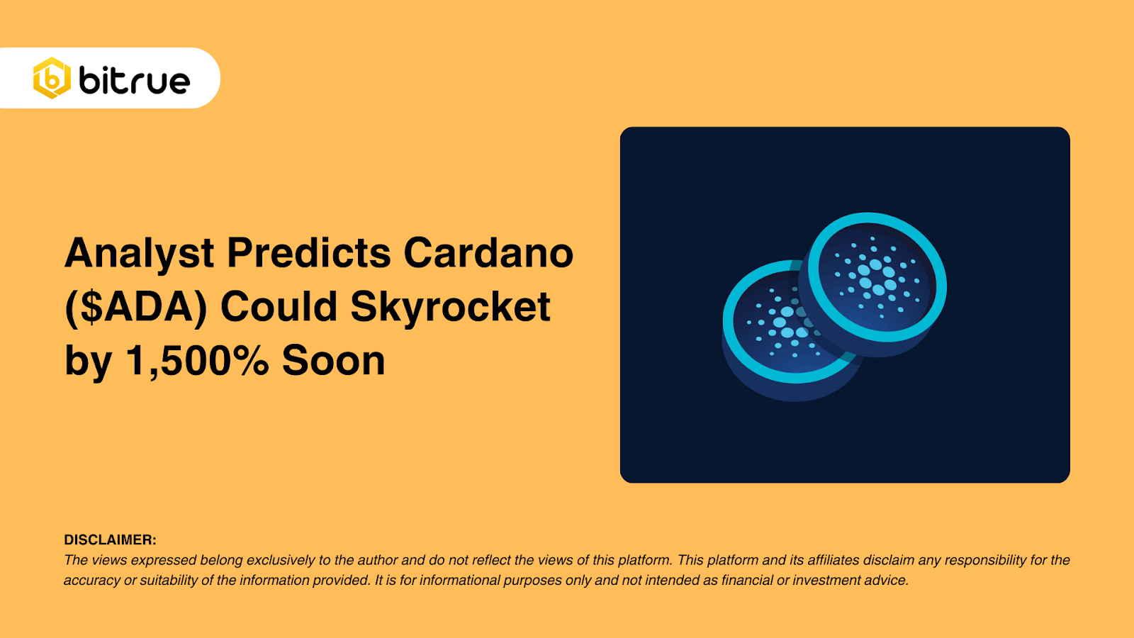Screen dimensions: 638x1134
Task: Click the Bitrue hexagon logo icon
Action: click(x=52, y=78)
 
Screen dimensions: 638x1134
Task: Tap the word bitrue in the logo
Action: click(x=135, y=80)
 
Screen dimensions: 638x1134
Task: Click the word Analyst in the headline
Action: click(x=140, y=253)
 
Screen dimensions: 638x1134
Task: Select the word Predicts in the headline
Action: click(x=309, y=253)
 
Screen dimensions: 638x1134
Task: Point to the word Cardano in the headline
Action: click(x=488, y=253)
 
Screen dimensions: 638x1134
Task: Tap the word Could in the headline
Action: click(x=279, y=307)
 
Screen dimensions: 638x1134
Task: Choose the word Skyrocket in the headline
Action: click(x=450, y=307)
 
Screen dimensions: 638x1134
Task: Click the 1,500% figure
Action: click(x=197, y=361)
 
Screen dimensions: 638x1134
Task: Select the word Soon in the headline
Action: click(x=333, y=361)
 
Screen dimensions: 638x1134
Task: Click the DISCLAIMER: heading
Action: click(x=110, y=540)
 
